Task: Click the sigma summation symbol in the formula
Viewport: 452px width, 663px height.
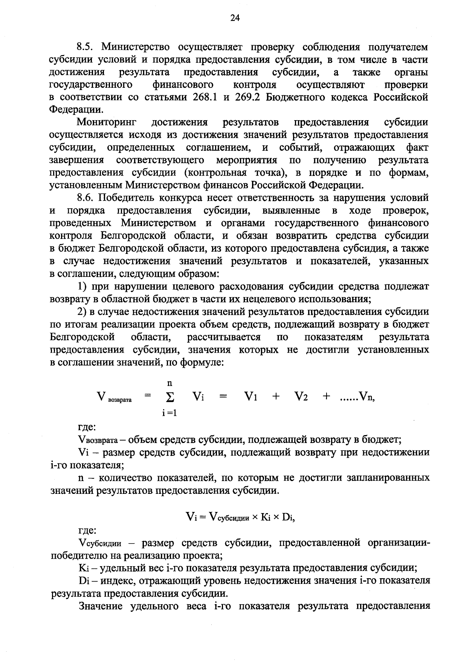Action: [169, 397]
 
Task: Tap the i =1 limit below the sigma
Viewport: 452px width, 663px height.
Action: [169, 413]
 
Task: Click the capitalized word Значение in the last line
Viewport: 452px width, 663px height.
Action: [101, 606]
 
